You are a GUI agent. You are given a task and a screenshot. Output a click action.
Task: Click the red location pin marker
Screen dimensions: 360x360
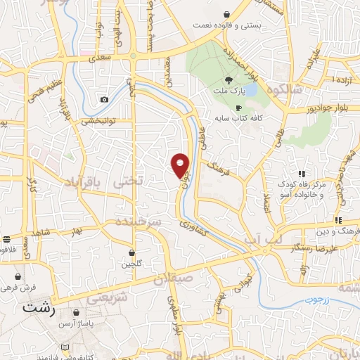click(x=181, y=164)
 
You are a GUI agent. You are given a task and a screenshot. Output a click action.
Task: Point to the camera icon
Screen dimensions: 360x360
click(x=105, y=99)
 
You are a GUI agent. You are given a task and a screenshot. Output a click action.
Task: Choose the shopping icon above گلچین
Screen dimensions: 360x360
click(x=132, y=252)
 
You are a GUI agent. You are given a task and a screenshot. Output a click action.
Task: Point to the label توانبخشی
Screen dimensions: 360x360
click(x=82, y=121)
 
